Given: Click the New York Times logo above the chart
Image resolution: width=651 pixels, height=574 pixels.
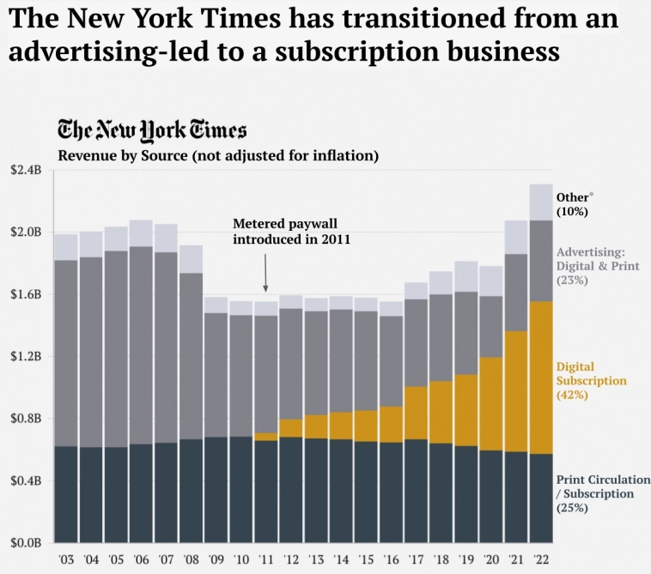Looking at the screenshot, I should coord(152,130).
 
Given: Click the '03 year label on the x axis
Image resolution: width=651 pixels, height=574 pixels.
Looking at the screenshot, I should coord(66,559).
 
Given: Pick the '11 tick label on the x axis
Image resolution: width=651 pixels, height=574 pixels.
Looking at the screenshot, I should coord(266,559).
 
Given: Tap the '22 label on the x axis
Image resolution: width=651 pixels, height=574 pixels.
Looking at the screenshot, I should coord(540,559).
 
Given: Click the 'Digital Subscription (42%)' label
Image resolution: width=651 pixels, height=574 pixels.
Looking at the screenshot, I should coord(592,381).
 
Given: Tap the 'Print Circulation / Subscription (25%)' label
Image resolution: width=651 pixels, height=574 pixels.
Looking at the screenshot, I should coord(602,493).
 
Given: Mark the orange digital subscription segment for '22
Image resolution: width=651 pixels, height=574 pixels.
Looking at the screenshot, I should coord(541,378).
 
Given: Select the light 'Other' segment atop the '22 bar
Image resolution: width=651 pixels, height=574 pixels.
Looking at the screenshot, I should coord(541,202).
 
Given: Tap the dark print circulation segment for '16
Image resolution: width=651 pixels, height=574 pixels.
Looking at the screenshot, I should coord(391,492).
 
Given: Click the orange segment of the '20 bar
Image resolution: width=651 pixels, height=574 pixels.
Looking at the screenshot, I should coord(491,403).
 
